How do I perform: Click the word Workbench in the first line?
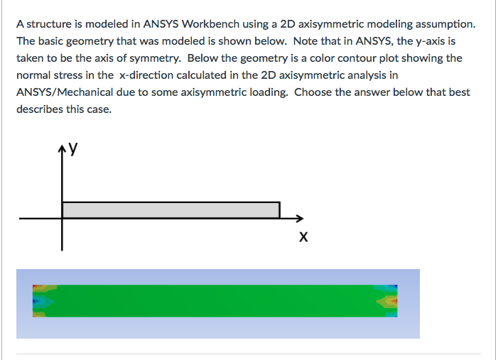coord(210,24)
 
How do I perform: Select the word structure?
coord(49,24)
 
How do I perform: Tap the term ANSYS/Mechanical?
coord(65,92)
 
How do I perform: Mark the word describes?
coord(40,109)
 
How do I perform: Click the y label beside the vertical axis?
coord(73,148)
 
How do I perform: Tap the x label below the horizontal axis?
coord(303,237)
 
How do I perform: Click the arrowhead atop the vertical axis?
coord(62,148)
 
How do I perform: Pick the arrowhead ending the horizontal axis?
coord(300,219)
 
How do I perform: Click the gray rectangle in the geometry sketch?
coord(171,210)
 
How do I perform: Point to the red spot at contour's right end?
coord(396,301)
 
